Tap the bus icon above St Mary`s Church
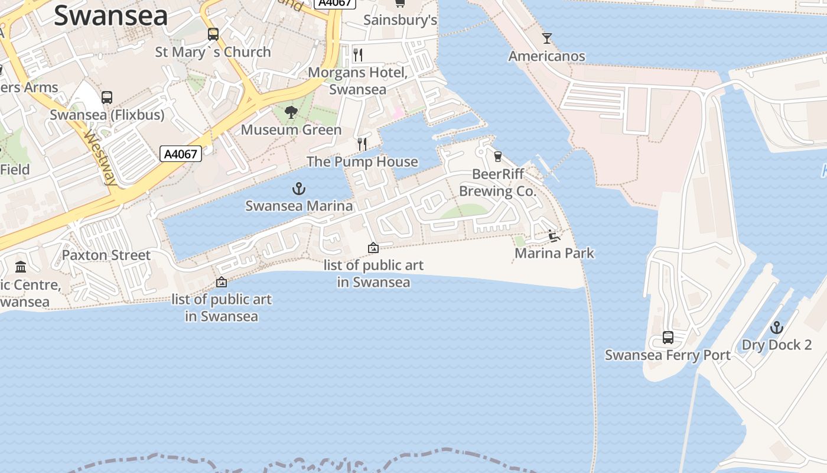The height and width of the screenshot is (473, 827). click(x=213, y=34)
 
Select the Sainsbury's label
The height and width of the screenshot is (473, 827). click(x=400, y=20)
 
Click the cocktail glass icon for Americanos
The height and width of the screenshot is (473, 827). click(x=547, y=38)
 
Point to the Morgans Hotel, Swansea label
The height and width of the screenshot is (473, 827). click(x=358, y=81)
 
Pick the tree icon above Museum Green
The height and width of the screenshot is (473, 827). click(x=291, y=112)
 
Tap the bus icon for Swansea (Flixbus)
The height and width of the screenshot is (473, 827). click(x=107, y=97)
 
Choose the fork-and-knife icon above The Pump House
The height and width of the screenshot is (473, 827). click(x=362, y=144)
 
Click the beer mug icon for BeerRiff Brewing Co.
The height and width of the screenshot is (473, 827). click(x=497, y=156)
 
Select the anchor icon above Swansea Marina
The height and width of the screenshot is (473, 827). click(x=299, y=189)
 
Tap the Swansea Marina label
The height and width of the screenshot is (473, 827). click(x=299, y=206)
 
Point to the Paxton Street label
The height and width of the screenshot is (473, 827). click(x=106, y=255)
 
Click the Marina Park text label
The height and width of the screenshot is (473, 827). click(x=554, y=253)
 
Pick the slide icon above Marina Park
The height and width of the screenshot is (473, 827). click(x=553, y=236)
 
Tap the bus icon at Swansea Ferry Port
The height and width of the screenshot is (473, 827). click(x=668, y=338)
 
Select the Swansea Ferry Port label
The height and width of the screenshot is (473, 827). click(x=668, y=355)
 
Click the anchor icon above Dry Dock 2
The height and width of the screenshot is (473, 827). click(x=776, y=327)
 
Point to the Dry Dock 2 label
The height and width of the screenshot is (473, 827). click(x=776, y=345)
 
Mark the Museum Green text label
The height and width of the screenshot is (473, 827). click(x=291, y=129)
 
